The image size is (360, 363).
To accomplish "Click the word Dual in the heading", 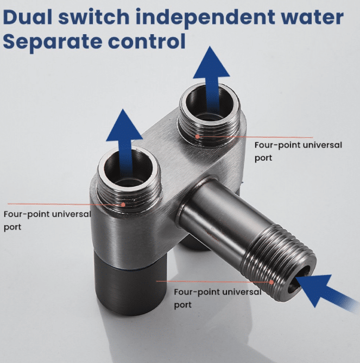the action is (x=28, y=17).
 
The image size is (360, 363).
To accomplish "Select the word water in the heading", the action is (x=312, y=17).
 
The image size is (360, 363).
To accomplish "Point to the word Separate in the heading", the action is (x=53, y=42).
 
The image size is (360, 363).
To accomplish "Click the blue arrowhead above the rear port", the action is (x=211, y=62).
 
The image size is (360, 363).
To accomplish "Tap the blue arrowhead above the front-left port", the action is (x=124, y=125).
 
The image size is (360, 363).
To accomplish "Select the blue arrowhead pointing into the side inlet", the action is (x=315, y=288).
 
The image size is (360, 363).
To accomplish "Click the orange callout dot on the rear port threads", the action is (x=197, y=137).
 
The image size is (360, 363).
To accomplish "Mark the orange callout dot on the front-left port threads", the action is (x=123, y=205).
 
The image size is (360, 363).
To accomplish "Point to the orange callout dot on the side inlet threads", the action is (x=271, y=282).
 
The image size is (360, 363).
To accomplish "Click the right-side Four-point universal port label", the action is (x=298, y=151).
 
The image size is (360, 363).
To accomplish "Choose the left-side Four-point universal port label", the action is (x=47, y=220).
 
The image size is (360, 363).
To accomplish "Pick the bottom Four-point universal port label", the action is (x=218, y=298).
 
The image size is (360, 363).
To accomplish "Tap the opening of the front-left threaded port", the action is (x=129, y=168).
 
